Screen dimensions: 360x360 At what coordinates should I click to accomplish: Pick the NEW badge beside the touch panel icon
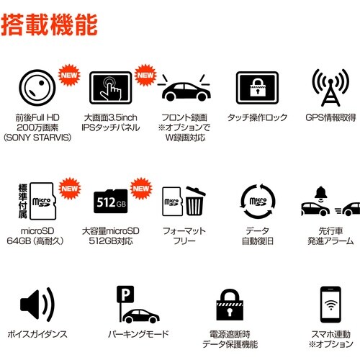(146, 74)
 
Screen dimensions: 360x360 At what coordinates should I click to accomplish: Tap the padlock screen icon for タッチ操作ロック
(257, 90)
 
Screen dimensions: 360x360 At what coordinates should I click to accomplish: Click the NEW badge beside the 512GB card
(143, 188)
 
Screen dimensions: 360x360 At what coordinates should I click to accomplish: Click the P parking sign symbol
(125, 294)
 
